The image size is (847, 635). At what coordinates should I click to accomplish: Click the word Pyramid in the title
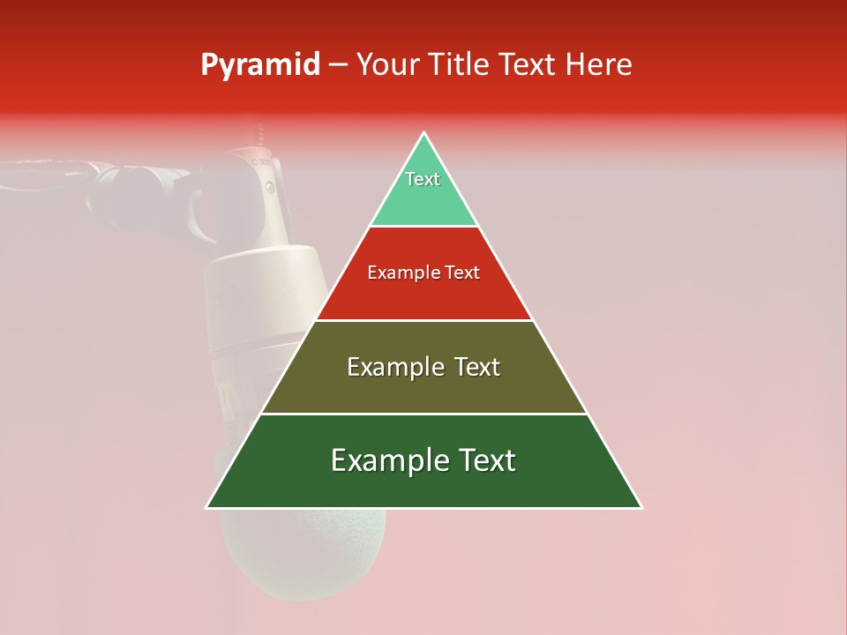[259, 65]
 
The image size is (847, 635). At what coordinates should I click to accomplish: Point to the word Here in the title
[599, 65]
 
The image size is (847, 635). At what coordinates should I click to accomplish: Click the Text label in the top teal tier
[423, 179]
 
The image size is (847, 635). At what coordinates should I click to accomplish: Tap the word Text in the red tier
[462, 273]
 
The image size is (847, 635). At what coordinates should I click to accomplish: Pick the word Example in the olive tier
[394, 367]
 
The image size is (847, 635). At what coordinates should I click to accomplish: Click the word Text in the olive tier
[477, 367]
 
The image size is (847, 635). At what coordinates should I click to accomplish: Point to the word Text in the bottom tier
[485, 460]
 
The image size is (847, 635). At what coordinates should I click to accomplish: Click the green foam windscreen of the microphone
[300, 556]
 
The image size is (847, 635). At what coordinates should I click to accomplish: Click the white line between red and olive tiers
[424, 320]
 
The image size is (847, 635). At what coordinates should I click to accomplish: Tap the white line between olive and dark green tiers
[424, 414]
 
